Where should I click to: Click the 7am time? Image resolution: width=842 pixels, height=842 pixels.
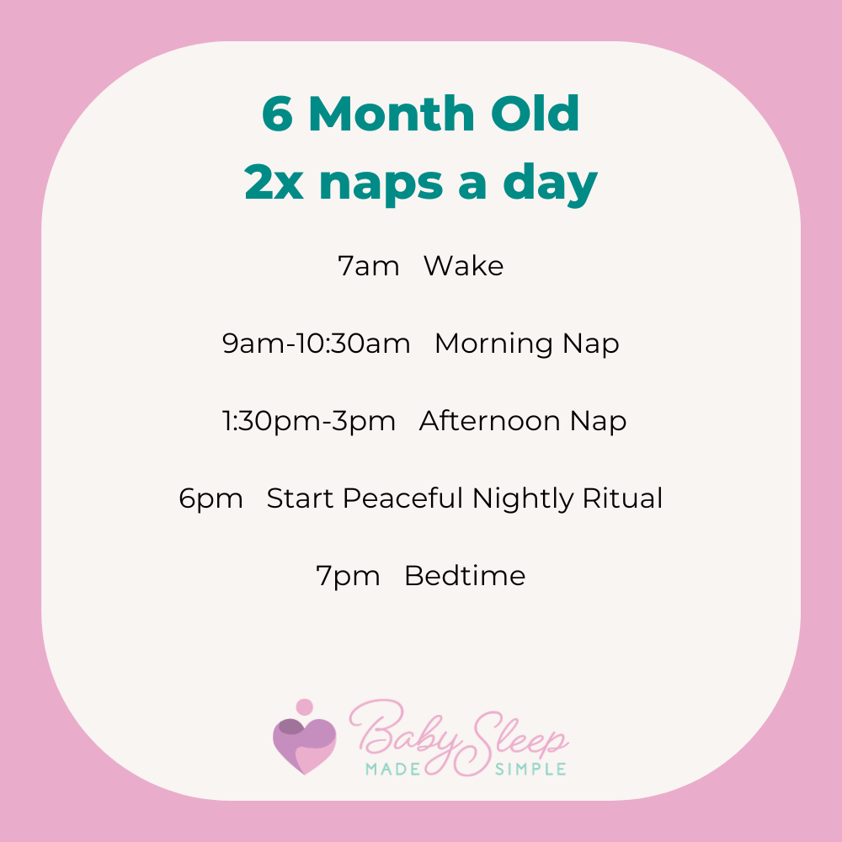(368, 267)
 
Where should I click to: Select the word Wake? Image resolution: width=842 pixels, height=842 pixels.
(463, 267)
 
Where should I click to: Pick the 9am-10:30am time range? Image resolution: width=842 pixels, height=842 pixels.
(317, 344)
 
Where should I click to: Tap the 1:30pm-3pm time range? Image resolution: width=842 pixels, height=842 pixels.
(309, 421)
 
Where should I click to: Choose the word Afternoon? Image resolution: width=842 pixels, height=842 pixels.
(494, 421)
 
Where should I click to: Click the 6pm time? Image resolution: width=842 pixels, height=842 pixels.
(210, 498)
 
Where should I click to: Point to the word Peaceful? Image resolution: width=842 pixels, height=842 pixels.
(403, 498)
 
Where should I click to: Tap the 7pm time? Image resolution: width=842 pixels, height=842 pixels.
(348, 576)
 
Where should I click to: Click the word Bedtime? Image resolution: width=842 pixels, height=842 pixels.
(465, 576)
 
